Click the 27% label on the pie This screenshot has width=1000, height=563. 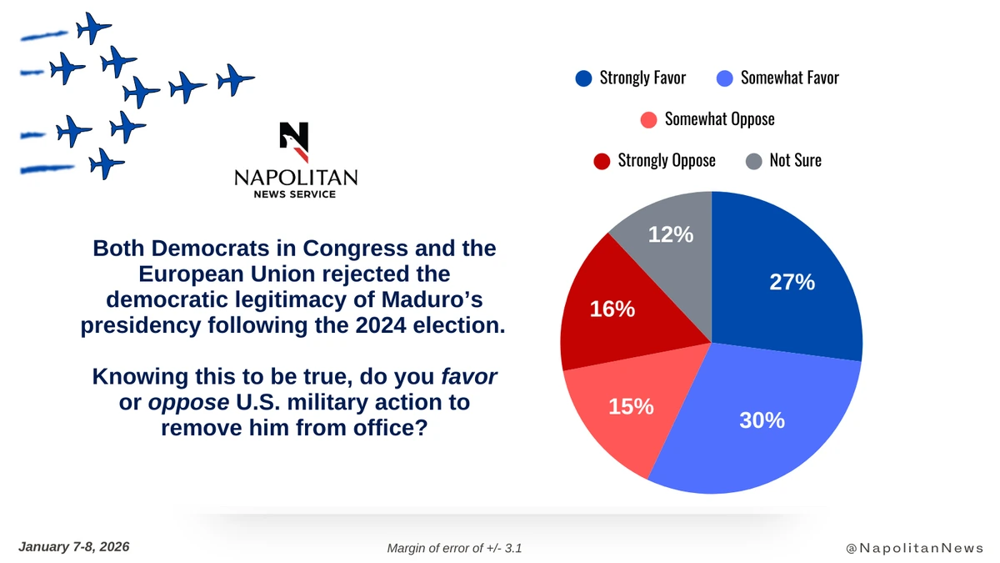[792, 283]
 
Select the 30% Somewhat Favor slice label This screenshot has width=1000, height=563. [762, 421]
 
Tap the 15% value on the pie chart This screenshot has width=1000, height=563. [631, 408]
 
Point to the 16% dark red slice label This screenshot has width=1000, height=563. [612, 309]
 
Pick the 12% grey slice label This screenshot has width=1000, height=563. [671, 235]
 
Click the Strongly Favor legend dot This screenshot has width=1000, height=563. [583, 78]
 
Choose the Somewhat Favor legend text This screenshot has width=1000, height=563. [789, 78]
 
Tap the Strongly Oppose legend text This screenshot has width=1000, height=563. [666, 160]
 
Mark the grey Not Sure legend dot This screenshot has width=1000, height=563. [754, 160]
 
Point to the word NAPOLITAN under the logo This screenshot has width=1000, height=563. [296, 178]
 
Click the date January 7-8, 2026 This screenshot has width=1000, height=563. [73, 547]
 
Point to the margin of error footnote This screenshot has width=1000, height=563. [454, 548]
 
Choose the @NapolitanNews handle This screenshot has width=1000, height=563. [915, 548]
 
